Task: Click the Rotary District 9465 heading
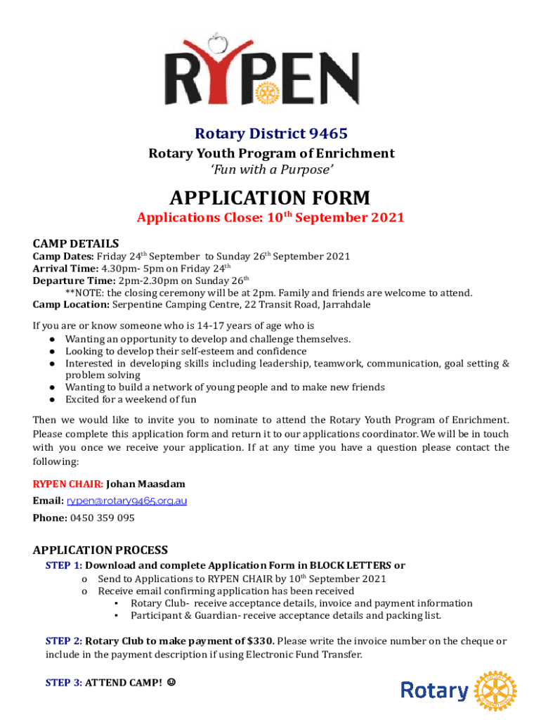click(270, 134)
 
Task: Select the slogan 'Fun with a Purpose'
click(270, 170)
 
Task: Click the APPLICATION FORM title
click(270, 197)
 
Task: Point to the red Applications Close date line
click(270, 217)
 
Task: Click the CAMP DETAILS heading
click(76, 243)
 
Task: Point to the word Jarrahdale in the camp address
click(347, 304)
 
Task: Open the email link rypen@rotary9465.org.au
click(126, 501)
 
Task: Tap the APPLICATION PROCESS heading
click(100, 550)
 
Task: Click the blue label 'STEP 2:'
click(63, 641)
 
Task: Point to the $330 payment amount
click(261, 641)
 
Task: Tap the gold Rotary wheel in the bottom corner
click(495, 690)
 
